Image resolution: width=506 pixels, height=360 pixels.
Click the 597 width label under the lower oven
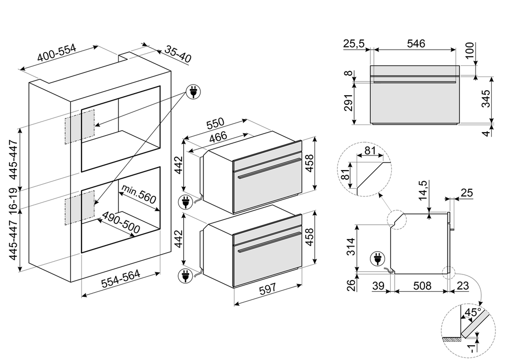pyautogui.click(x=268, y=288)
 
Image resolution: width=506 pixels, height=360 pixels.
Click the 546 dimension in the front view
pyautogui.click(x=415, y=44)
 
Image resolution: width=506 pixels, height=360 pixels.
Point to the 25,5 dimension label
pyautogui.click(x=354, y=44)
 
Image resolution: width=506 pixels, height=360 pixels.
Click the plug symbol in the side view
pyautogui.click(x=376, y=258)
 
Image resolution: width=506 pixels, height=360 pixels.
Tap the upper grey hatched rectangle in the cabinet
pyautogui.click(x=79, y=124)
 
